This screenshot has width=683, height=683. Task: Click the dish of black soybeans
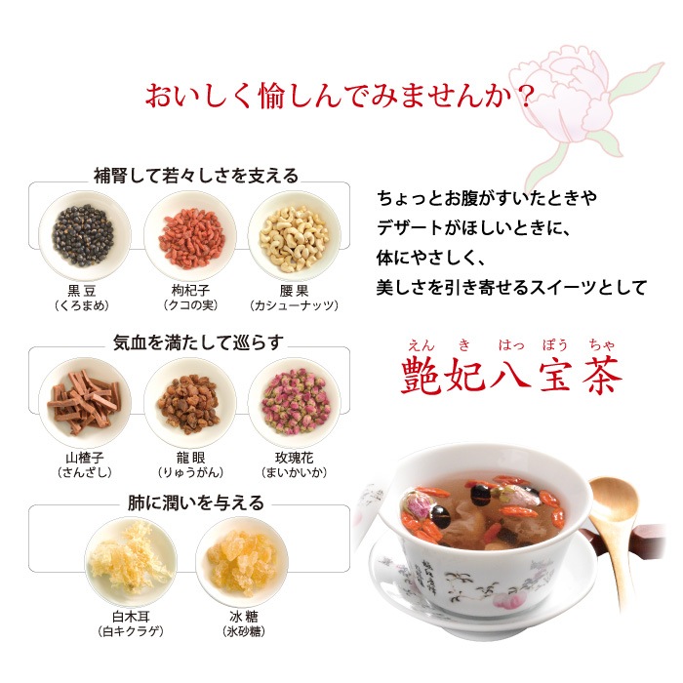pos(84,236)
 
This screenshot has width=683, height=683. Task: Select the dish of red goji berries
pos(190,236)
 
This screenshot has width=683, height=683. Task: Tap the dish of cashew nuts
pos(295,236)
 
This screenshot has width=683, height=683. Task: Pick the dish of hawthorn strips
pos(84,402)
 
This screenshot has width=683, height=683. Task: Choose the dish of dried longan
pos(190,402)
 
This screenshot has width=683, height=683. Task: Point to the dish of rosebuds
pos(295,402)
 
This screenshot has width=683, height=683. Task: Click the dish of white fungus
pos(131,562)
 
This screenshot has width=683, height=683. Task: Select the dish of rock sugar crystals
pos(242,562)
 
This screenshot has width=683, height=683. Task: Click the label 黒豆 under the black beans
pos(82,291)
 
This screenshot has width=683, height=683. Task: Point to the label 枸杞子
pos(190,291)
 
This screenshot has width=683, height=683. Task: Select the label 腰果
pos(294,291)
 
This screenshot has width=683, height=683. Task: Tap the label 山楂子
pos(85,458)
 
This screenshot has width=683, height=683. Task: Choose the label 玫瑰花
pos(294,458)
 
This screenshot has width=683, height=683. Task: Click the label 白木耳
pos(131,617)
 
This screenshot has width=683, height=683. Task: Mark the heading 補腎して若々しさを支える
pos(196,176)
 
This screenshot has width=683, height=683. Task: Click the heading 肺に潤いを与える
pos(196,502)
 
